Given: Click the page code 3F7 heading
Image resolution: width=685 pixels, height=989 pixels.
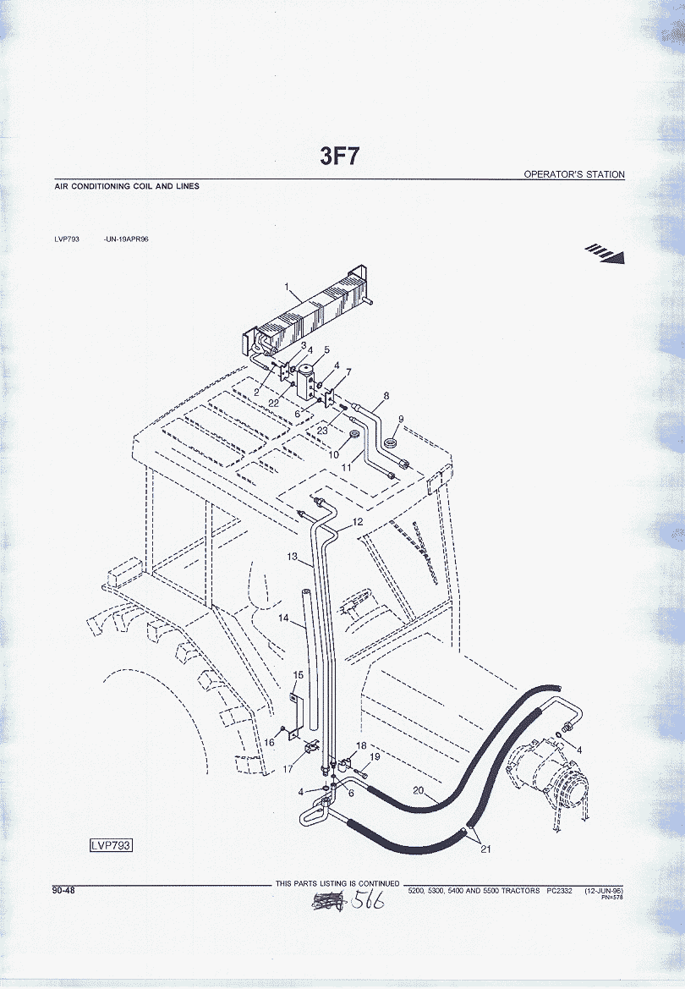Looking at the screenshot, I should pos(342,157).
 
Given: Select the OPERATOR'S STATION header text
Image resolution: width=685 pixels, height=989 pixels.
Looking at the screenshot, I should pos(574,174).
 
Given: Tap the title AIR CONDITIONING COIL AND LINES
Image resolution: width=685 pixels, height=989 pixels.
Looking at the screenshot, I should pos(127,186).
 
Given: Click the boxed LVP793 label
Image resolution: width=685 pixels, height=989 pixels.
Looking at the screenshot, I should pos(112,845).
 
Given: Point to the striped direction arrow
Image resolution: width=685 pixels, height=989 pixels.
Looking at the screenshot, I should pos(606,253).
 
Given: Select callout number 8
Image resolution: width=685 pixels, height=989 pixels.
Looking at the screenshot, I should pos(386,395).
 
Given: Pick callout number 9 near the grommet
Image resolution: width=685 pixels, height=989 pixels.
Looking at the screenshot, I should pos(401,419).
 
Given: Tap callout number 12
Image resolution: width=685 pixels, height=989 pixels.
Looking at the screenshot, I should pos(358,522).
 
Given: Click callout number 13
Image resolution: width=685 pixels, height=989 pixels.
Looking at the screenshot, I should pos(293,557).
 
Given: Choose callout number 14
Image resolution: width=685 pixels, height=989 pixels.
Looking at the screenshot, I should pos(286,619).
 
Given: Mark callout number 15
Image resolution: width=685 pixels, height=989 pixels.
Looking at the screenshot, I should pos(298,674).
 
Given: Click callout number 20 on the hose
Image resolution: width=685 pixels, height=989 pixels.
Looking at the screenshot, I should pos(418,790).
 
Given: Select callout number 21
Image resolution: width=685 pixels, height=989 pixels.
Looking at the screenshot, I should pos(485,849).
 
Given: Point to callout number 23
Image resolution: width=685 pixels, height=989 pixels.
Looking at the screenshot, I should pos(322,430).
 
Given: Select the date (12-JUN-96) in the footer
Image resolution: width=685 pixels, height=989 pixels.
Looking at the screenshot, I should pos(604,891).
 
